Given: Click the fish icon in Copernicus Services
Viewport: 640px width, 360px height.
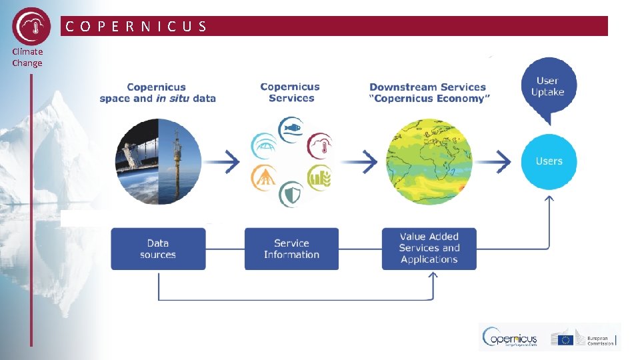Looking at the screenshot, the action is pyautogui.click(x=291, y=129).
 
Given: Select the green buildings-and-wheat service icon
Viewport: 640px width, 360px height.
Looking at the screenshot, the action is pyautogui.click(x=319, y=177).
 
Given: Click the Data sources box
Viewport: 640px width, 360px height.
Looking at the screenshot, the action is pyautogui.click(x=158, y=249).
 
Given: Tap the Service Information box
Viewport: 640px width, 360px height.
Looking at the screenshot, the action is pyautogui.click(x=291, y=249).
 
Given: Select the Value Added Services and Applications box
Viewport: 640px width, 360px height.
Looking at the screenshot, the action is pyautogui.click(x=429, y=249).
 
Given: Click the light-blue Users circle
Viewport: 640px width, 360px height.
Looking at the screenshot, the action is pyautogui.click(x=549, y=161).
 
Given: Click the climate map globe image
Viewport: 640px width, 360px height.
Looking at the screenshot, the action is pyautogui.click(x=429, y=161).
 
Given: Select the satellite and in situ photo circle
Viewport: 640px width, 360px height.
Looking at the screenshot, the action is pyautogui.click(x=158, y=161).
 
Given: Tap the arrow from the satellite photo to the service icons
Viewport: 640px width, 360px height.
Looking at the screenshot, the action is pyautogui.click(x=223, y=161).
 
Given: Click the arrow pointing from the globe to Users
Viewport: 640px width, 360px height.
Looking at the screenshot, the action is pyautogui.click(x=495, y=161).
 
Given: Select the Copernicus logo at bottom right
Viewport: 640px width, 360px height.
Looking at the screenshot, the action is pyautogui.click(x=511, y=338).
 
